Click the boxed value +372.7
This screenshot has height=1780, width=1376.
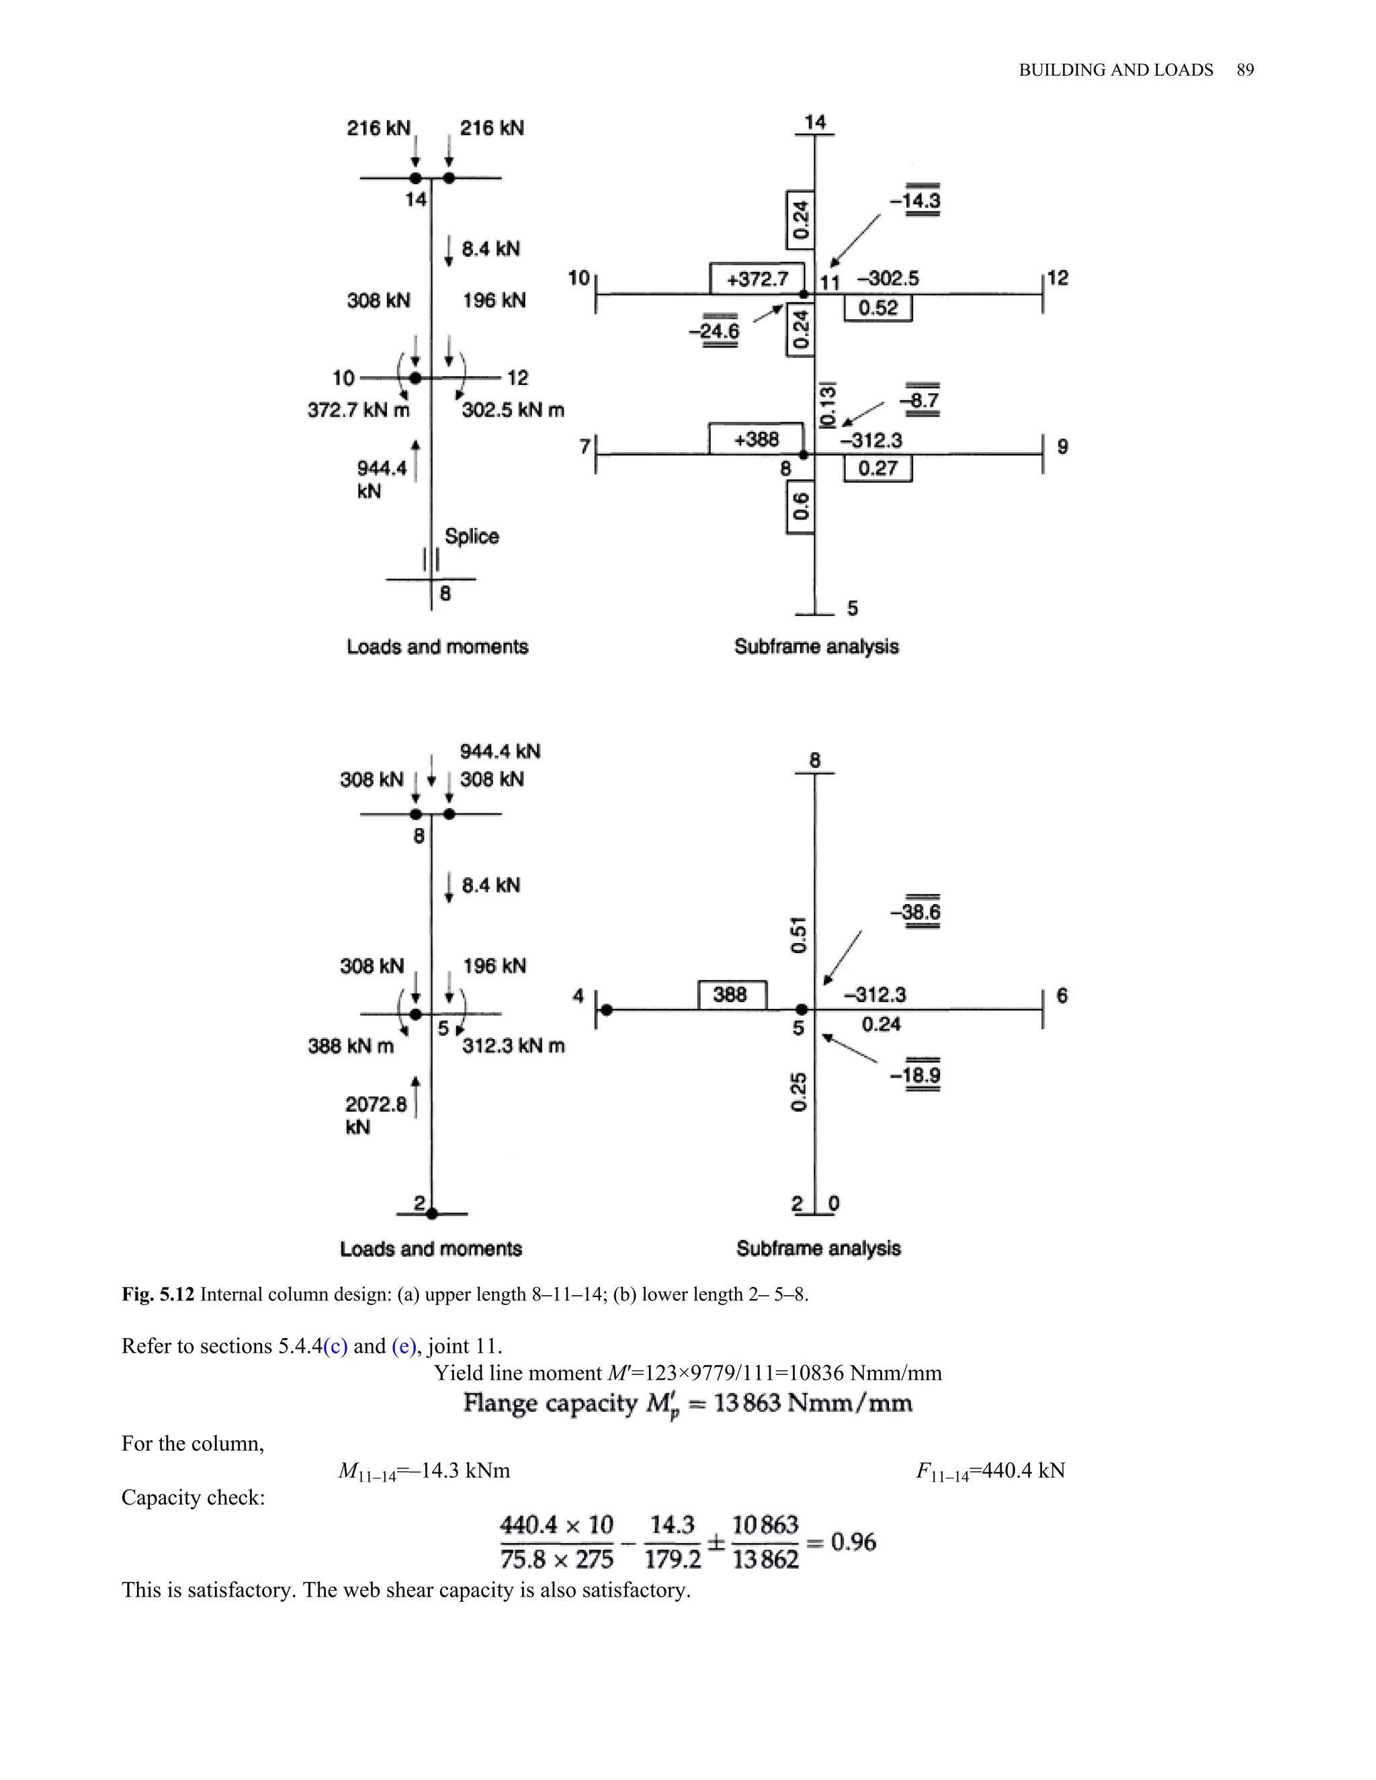pyautogui.click(x=757, y=279)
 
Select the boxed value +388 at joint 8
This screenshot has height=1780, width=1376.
pyautogui.click(x=757, y=439)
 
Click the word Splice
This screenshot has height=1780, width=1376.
pyautogui.click(x=471, y=536)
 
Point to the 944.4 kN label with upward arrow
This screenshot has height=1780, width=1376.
pyautogui.click(x=382, y=478)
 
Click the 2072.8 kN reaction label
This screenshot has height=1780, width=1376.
pyautogui.click(x=375, y=1115)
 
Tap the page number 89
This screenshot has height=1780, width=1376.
pyautogui.click(x=1245, y=70)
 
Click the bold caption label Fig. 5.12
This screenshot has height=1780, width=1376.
pyautogui.click(x=158, y=1294)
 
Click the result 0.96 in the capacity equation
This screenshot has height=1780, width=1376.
pyautogui.click(x=853, y=1541)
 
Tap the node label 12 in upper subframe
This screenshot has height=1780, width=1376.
pyautogui.click(x=1058, y=278)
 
